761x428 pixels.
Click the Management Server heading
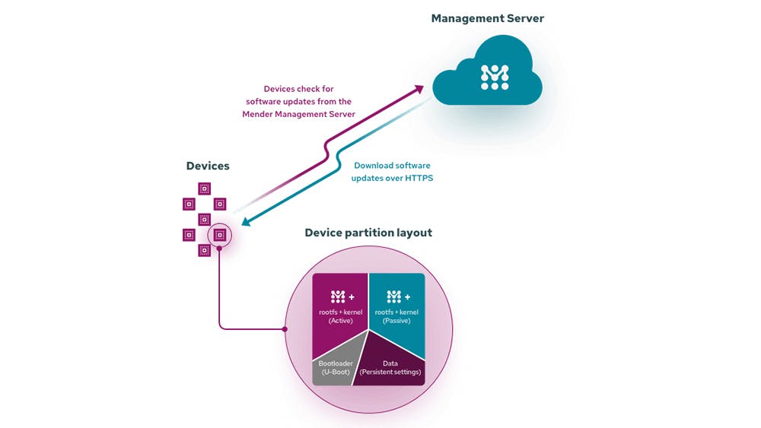[488, 18]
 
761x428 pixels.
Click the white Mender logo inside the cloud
[495, 77]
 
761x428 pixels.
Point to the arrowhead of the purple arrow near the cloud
[419, 89]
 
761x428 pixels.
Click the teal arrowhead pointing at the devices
[244, 223]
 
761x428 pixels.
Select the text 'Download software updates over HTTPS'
[391, 172]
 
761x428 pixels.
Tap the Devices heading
[208, 166]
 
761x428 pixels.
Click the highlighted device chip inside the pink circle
[219, 235]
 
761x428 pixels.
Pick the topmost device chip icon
[204, 188]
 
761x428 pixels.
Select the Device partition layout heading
[368, 233]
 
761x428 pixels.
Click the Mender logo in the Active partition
[339, 296]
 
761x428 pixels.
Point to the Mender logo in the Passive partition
[393, 296]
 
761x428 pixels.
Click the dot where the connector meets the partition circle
[285, 329]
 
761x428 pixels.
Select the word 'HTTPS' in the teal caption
[416, 178]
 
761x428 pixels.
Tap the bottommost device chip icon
[204, 250]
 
